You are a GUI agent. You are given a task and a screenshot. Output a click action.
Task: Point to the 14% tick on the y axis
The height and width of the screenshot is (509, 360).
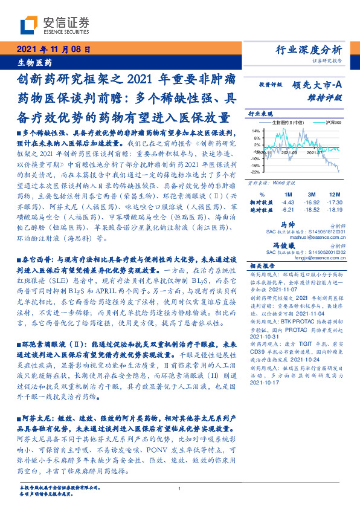point(256,130)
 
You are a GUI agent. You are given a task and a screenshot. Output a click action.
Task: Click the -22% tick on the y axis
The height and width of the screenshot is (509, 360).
point(255,172)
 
